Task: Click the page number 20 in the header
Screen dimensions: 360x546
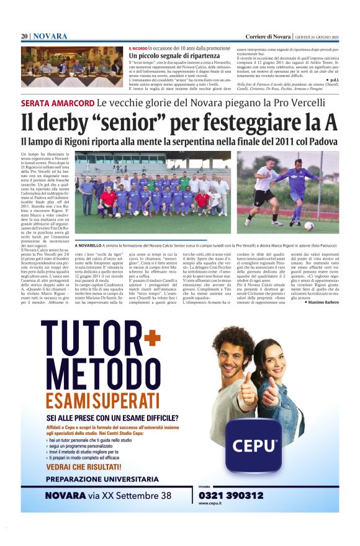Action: coord(24,36)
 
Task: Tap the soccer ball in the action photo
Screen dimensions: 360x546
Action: coord(308,225)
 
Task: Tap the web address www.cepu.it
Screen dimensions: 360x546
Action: coord(211,504)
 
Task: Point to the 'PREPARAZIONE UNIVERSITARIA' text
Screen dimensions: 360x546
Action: coord(100,479)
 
